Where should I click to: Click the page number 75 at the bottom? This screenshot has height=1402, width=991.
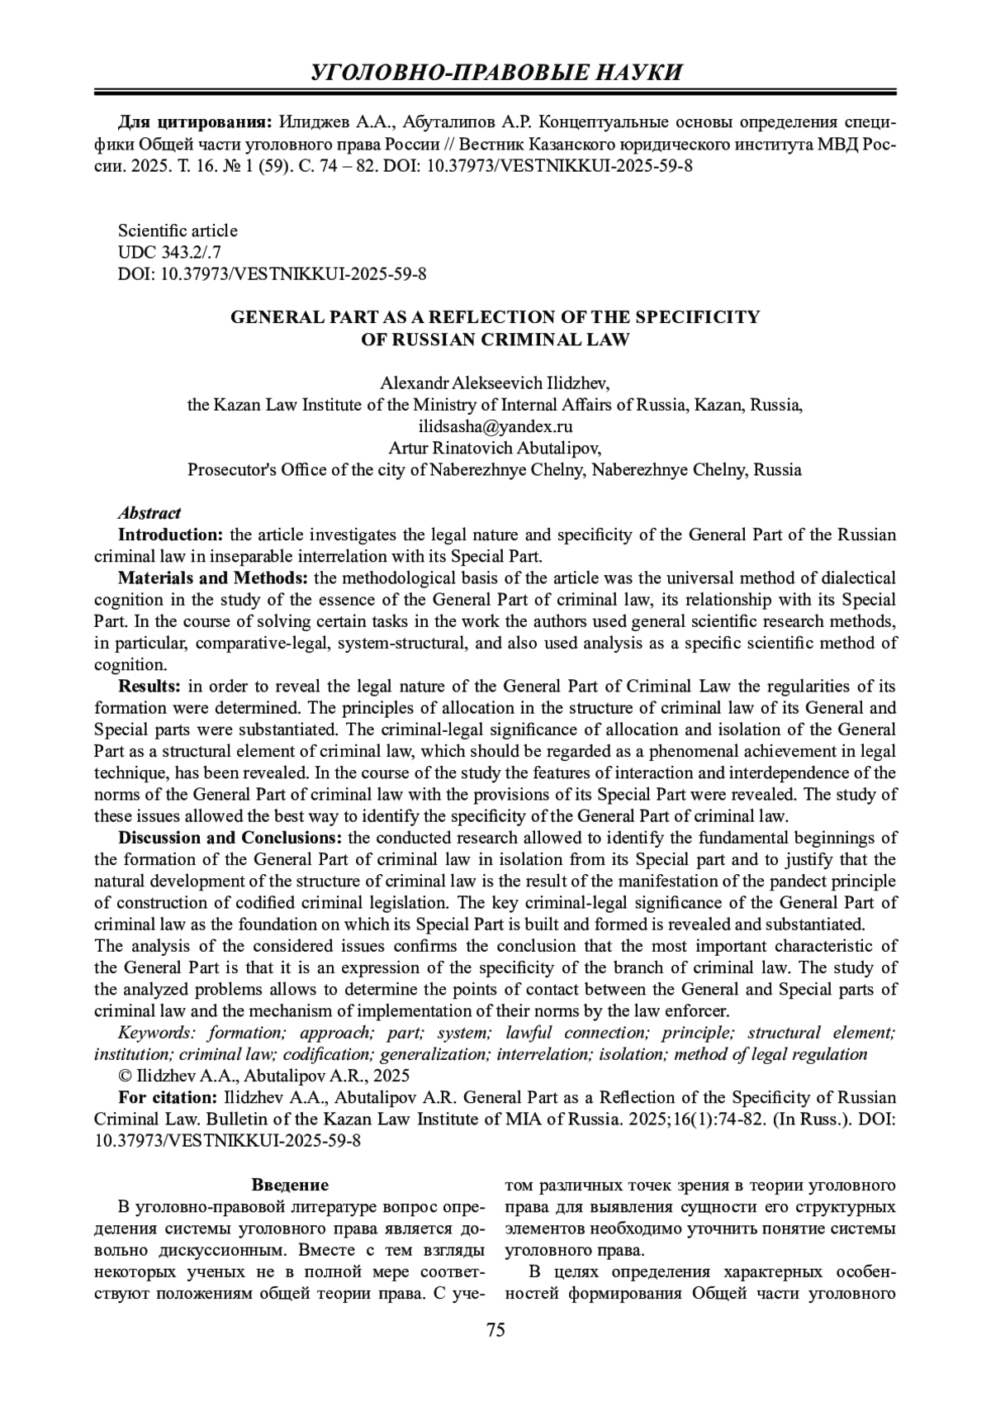click(495, 1329)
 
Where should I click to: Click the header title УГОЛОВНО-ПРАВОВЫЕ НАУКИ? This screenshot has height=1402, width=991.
click(495, 72)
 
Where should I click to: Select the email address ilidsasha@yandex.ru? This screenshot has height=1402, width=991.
click(495, 427)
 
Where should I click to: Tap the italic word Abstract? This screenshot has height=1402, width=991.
click(149, 513)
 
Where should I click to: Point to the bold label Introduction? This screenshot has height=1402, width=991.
click(171, 535)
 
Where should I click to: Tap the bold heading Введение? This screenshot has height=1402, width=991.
click(290, 1185)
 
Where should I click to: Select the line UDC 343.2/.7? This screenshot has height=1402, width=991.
click(170, 252)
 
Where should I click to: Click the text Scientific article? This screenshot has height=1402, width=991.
click(178, 230)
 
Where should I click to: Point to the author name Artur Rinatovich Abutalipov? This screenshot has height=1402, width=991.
click(495, 449)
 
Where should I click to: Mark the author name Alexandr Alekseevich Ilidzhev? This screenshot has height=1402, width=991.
click(495, 383)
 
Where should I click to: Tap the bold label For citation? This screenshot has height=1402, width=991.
click(168, 1098)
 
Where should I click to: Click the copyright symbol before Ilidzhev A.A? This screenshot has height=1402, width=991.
click(126, 1076)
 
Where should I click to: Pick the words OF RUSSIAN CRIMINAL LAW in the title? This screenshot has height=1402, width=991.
click(495, 340)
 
